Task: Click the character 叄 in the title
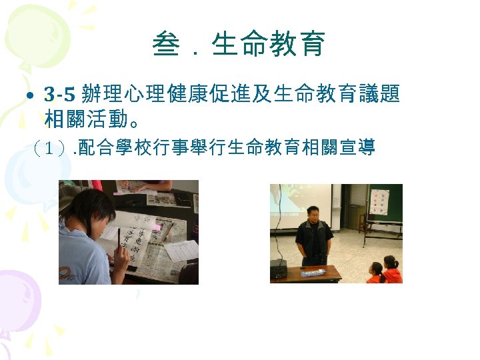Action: (x=165, y=45)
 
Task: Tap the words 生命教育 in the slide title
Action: (x=269, y=45)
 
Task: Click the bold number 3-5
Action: (x=62, y=95)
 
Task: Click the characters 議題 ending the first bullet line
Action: (x=385, y=95)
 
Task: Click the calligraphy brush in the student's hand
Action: (x=121, y=243)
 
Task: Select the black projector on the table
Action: (x=278, y=269)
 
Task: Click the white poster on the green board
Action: (x=379, y=203)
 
